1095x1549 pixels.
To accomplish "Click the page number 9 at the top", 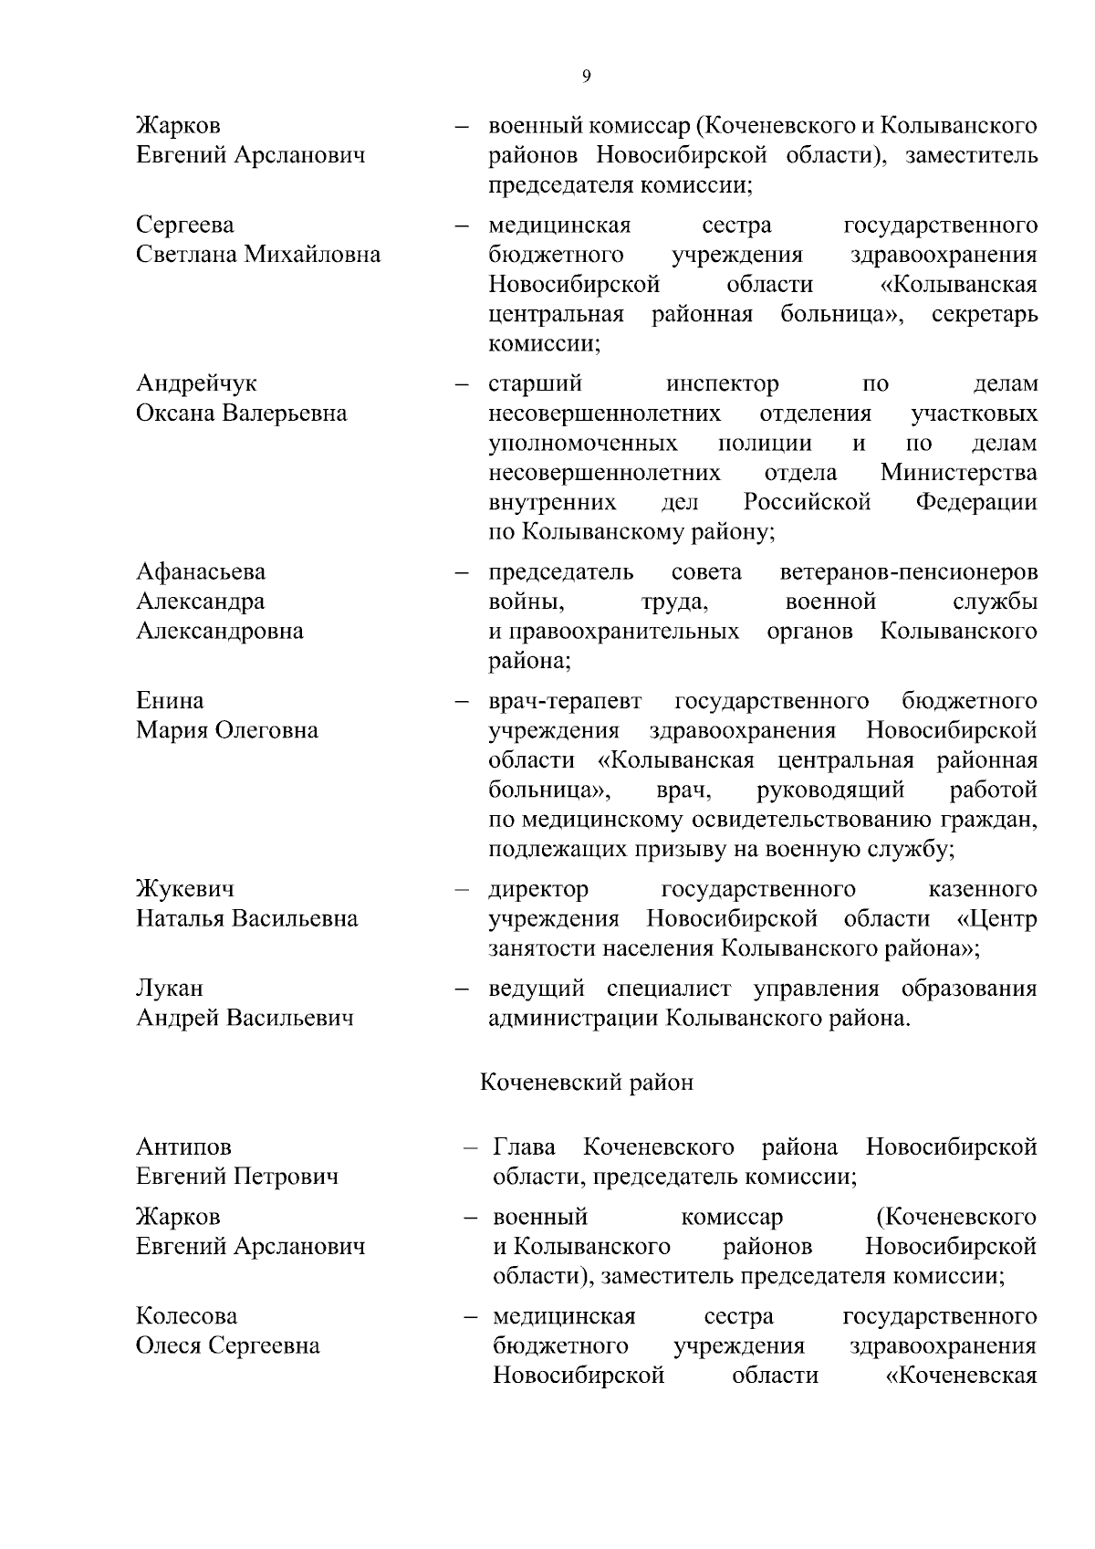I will pos(586,77).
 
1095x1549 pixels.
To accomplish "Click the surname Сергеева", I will pos(185,225).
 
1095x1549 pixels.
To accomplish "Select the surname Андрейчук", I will pos(196,383).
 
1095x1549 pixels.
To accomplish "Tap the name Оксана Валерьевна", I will pos(242,413).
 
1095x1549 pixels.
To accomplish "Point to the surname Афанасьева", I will pos(201,572).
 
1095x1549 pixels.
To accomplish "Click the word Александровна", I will pos(220,631).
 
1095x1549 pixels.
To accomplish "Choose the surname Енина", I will pos(170,701).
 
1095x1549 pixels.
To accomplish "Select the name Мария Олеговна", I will pos(227,730).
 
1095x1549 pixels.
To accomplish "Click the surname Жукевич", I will pos(185,889).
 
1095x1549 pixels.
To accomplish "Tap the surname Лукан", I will pos(170,989).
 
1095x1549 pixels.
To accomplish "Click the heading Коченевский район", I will pos(587,1083).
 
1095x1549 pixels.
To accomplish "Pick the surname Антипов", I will pos(183,1146).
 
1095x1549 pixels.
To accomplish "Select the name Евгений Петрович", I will pos(237,1177).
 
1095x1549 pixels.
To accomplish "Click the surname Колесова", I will pos(186,1316).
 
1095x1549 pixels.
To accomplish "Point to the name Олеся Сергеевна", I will pos(228,1346).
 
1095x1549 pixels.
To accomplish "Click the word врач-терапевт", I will pos(565,701).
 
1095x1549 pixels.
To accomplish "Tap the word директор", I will pos(538,889).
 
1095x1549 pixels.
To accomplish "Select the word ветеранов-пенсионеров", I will pos(909,572).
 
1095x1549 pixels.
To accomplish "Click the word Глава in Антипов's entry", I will pos(525,1146).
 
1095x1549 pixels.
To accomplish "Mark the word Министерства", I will pos(958,473).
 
